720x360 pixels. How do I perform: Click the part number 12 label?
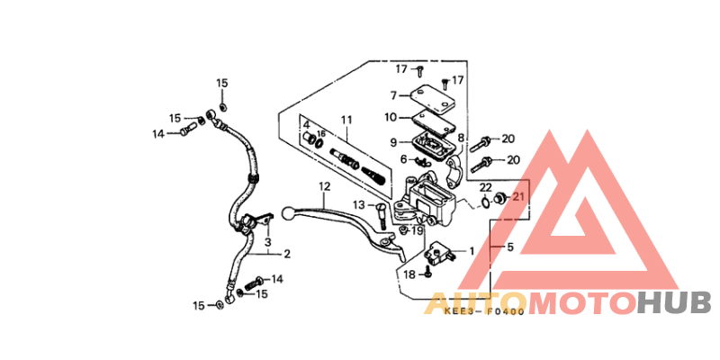324,186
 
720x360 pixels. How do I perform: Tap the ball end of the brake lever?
287,212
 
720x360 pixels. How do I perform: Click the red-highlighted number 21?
518,196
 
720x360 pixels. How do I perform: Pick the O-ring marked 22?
485,202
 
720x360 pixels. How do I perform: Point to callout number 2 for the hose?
286,254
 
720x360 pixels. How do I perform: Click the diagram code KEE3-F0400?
485,311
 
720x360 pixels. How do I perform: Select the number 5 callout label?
510,247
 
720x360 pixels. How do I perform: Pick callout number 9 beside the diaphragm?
393,143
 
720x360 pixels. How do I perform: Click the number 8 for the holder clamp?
461,138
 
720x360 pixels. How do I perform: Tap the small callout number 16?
321,133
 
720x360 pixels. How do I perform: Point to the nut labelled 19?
403,229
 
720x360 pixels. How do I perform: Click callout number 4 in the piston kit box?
306,124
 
